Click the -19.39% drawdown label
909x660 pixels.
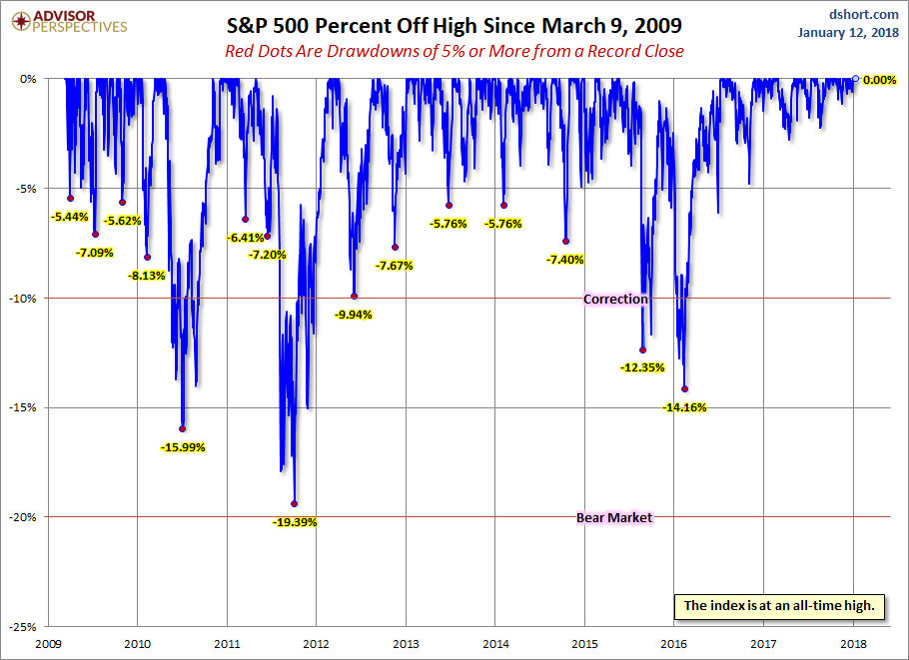pos(294,521)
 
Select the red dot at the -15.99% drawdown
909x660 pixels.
pos(182,428)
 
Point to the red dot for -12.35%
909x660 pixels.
pos(642,349)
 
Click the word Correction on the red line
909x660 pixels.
pos(615,299)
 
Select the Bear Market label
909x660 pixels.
pos(614,517)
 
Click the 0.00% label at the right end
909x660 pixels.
pos(879,79)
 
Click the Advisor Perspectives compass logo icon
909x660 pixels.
pos(16,21)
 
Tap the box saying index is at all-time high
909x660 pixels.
pos(779,605)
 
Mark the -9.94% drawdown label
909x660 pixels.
pos(355,314)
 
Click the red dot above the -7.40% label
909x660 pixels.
pos(566,241)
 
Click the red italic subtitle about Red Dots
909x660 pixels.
pos(454,51)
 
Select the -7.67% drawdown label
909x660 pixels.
pos(395,266)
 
